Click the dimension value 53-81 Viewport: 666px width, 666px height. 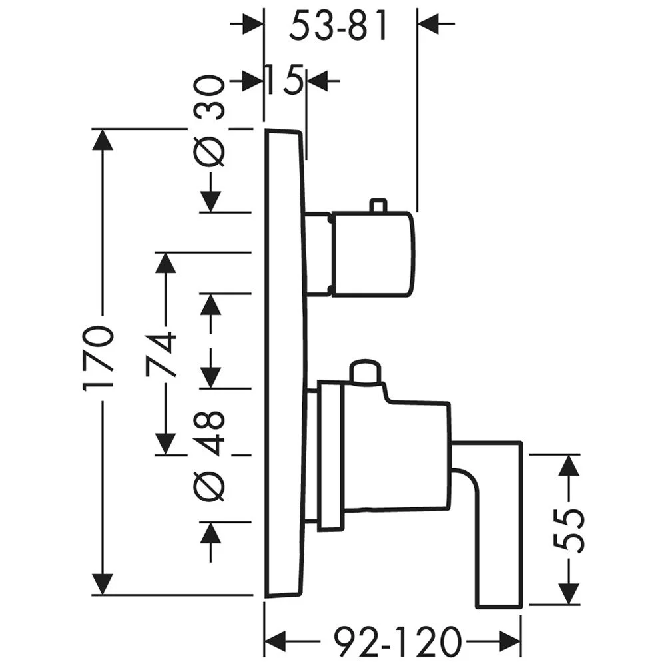338,25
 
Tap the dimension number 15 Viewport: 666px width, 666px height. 284,79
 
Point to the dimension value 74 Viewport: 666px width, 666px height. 161,355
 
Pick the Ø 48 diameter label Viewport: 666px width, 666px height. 208,456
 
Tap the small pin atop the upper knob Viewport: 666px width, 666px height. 378,204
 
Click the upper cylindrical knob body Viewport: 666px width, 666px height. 372,254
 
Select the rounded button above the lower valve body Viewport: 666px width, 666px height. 364,372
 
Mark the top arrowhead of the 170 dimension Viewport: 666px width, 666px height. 103,139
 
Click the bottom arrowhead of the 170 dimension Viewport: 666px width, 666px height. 103,585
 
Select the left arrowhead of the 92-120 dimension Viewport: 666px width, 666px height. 275,641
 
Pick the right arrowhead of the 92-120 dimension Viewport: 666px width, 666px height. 510,641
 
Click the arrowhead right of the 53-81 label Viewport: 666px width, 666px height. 428,23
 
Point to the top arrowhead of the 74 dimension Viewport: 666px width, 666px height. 165,263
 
